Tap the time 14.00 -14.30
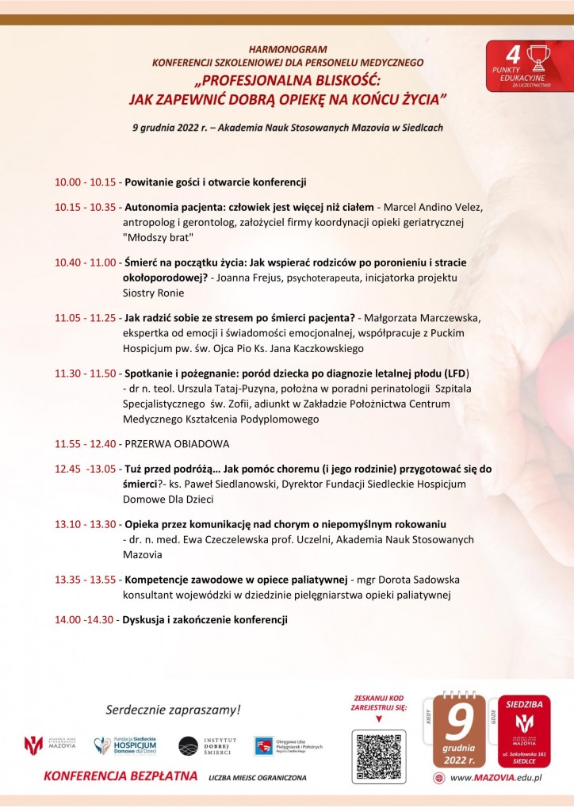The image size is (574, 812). pos(84,619)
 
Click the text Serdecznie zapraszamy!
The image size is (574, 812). pos(173,708)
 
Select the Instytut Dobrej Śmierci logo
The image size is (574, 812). pos(203,746)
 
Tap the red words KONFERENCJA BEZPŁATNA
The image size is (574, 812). pos(121,776)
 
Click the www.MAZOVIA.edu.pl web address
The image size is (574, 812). pos(495,779)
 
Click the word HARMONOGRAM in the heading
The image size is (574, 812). pos(289,49)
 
